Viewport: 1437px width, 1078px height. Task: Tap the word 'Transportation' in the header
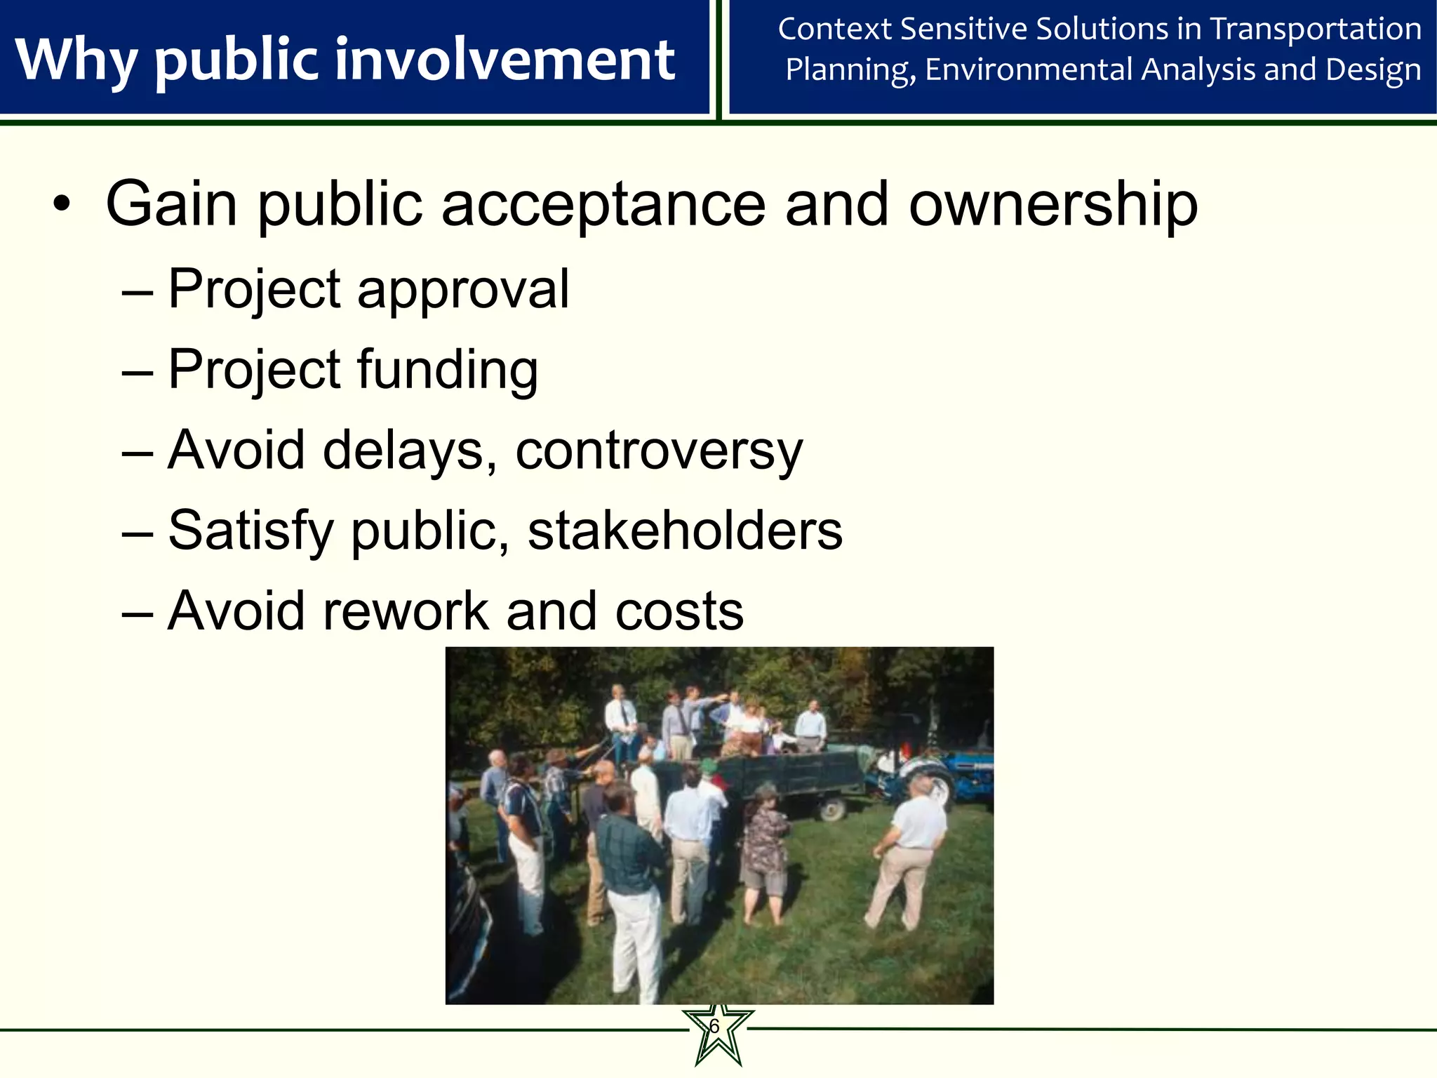pos(1316,29)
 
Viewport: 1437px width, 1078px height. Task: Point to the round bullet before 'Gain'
pos(62,205)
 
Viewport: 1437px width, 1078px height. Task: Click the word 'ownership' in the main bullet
pos(1052,205)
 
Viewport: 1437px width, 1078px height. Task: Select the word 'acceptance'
pos(603,205)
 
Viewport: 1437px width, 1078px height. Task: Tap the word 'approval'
pos(463,289)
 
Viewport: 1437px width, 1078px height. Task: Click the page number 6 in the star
pos(714,1027)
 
